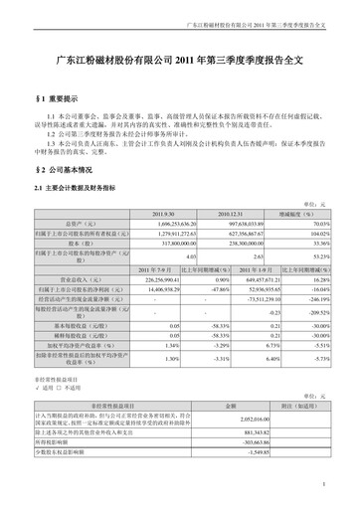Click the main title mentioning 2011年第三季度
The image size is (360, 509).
click(180, 61)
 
